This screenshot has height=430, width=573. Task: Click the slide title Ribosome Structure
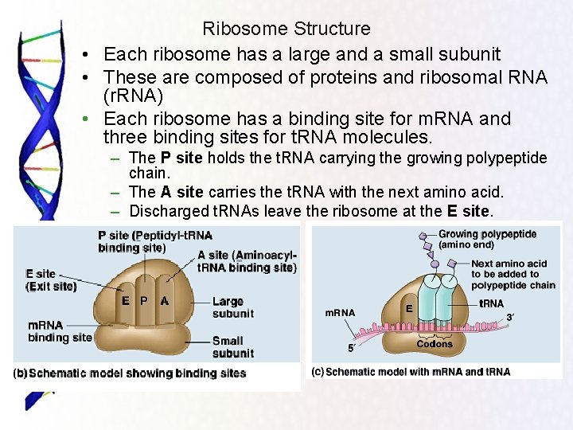(286, 29)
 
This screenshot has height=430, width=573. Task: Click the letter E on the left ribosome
(126, 301)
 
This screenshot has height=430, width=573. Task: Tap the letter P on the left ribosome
(144, 301)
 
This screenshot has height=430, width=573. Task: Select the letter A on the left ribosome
(164, 301)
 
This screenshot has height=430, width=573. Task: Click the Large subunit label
(232, 307)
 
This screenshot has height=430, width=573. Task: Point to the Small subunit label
(232, 347)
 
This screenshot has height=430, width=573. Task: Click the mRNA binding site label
(60, 331)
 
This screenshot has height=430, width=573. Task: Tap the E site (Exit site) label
(51, 280)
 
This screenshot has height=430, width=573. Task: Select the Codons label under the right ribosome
(435, 343)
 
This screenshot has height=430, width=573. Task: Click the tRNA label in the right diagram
(491, 303)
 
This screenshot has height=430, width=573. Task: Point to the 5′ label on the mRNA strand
(351, 348)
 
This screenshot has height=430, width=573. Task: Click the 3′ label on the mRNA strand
(511, 318)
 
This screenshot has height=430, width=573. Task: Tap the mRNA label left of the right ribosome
(340, 312)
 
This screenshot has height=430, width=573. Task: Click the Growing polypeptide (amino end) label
(487, 240)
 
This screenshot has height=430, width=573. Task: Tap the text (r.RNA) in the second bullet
(133, 96)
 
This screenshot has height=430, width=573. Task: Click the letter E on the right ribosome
(409, 307)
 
